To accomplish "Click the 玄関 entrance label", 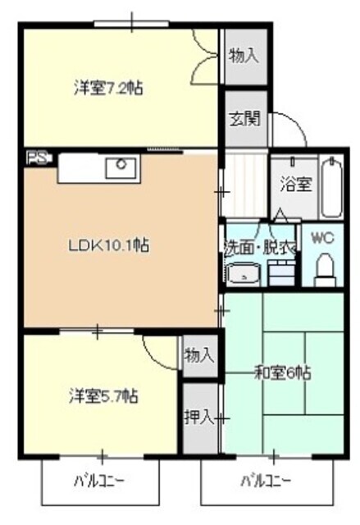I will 244,117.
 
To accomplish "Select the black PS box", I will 37,157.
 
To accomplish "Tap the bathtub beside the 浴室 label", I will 331,187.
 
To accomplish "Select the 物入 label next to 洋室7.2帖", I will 244,56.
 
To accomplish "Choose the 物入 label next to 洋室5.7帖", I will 199,355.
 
